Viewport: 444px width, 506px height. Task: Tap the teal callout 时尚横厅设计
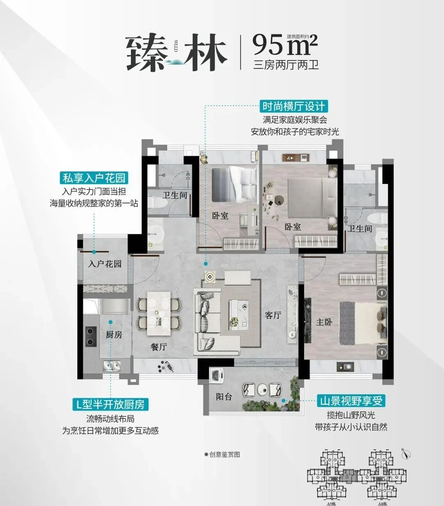click(x=294, y=107)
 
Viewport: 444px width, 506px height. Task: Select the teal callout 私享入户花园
click(x=94, y=179)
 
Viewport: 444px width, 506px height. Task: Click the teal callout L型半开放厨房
click(x=110, y=405)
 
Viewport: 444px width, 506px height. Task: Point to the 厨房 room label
click(x=114, y=335)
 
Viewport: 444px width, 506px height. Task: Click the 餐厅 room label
click(x=159, y=347)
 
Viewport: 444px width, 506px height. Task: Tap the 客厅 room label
click(x=273, y=315)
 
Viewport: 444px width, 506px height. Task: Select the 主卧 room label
click(x=324, y=322)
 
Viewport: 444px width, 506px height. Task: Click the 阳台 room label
click(x=224, y=397)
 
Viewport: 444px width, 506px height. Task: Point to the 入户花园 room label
click(x=105, y=264)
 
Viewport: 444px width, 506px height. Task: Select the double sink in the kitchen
click(x=111, y=365)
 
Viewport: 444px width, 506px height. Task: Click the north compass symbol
click(x=406, y=454)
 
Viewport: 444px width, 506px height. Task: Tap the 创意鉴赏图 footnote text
click(x=222, y=455)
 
